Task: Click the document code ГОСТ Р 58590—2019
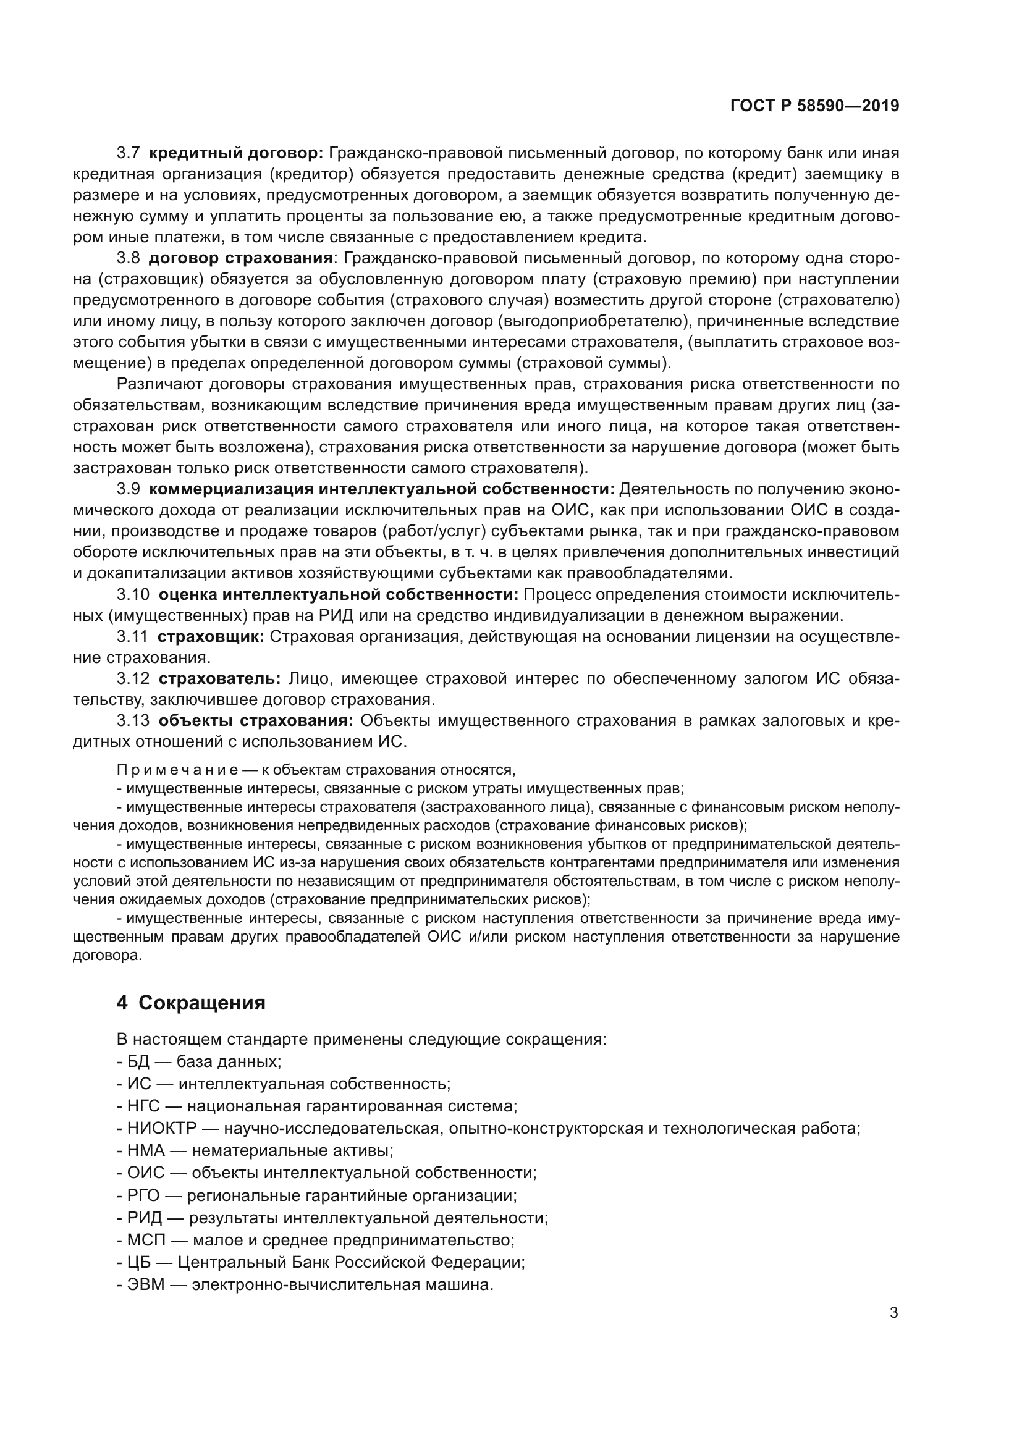click(x=814, y=106)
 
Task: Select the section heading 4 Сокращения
click(x=191, y=1003)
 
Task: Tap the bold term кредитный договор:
click(x=236, y=153)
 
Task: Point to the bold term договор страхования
click(x=240, y=258)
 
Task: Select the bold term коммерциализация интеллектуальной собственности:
click(x=381, y=490)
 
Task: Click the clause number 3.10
click(x=133, y=595)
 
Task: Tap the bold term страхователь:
click(x=219, y=679)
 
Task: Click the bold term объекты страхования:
click(x=256, y=720)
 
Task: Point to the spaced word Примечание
click(x=177, y=770)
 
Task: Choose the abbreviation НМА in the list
click(x=145, y=1150)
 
